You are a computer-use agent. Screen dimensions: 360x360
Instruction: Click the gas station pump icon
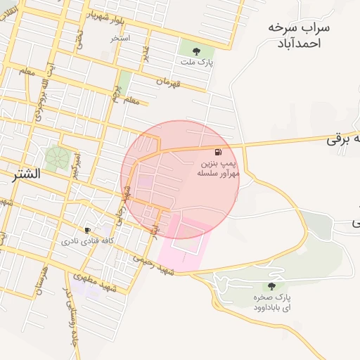click(219, 152)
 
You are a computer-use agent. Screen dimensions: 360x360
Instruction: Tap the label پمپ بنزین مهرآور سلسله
click(219, 167)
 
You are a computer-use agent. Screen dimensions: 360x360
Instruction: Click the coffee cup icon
click(87, 229)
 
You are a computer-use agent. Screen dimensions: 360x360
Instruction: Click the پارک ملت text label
click(200, 62)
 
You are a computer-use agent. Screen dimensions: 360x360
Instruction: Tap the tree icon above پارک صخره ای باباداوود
click(271, 286)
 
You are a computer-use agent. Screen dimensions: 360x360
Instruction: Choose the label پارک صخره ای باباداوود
click(271, 303)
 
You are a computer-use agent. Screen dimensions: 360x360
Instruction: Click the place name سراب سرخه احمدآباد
click(295, 34)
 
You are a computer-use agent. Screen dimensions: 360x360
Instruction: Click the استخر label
click(120, 38)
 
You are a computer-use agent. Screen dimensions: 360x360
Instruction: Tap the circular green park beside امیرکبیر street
click(56, 157)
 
